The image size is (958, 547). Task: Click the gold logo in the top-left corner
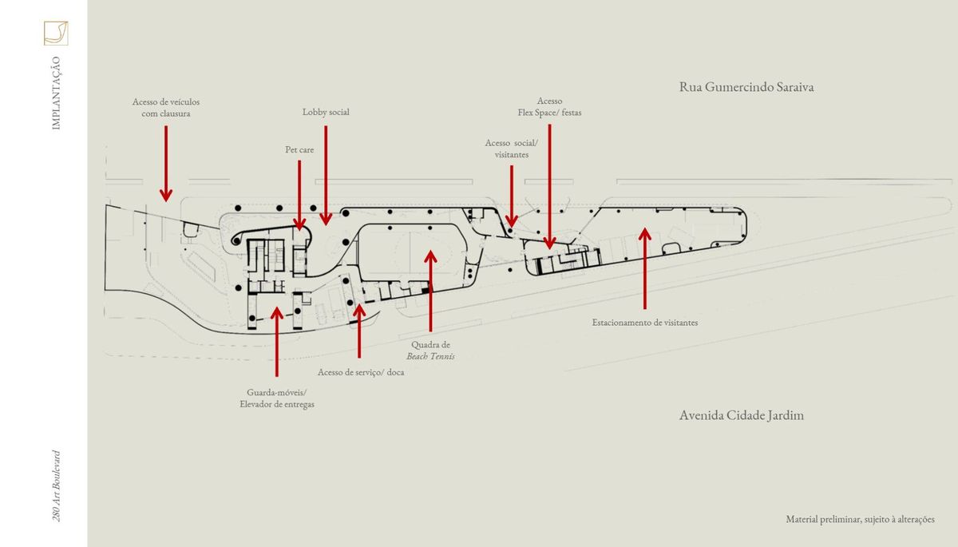point(56,33)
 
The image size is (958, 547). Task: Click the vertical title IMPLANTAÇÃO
point(56,93)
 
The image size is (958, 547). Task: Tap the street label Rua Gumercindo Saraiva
point(746,87)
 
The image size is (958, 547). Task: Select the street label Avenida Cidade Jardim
point(742,415)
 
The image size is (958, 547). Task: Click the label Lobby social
point(326,112)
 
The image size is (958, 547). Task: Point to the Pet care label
point(299,149)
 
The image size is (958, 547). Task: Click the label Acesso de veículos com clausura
point(166,108)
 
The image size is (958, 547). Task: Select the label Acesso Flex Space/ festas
point(549,107)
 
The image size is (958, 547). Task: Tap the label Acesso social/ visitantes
point(512,149)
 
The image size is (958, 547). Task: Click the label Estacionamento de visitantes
point(645,323)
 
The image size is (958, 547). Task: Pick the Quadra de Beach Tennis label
point(430,351)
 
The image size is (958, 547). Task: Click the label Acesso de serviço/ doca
point(361,372)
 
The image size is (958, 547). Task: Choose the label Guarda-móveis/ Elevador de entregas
point(277,398)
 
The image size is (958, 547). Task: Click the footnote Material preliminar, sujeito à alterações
point(860,519)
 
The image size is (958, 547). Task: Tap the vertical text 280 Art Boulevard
point(56,486)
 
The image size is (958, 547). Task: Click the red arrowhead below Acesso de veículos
point(166,195)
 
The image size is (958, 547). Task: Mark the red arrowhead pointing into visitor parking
point(645,234)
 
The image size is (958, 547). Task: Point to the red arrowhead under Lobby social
point(326,219)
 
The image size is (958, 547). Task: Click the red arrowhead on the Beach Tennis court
point(430,256)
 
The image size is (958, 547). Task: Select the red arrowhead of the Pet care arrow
point(299,224)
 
